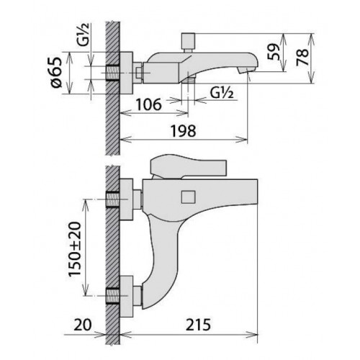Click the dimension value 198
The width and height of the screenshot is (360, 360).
point(183,131)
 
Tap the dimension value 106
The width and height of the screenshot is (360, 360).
point(149,104)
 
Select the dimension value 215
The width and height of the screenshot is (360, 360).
point(198,325)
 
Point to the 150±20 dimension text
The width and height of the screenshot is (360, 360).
point(75,250)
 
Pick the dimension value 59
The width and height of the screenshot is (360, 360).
point(274,52)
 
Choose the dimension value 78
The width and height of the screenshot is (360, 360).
point(302,57)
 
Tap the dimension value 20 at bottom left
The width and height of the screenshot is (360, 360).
point(83,325)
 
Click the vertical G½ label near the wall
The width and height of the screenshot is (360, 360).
point(84,34)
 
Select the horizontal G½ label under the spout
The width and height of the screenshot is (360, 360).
point(222,92)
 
